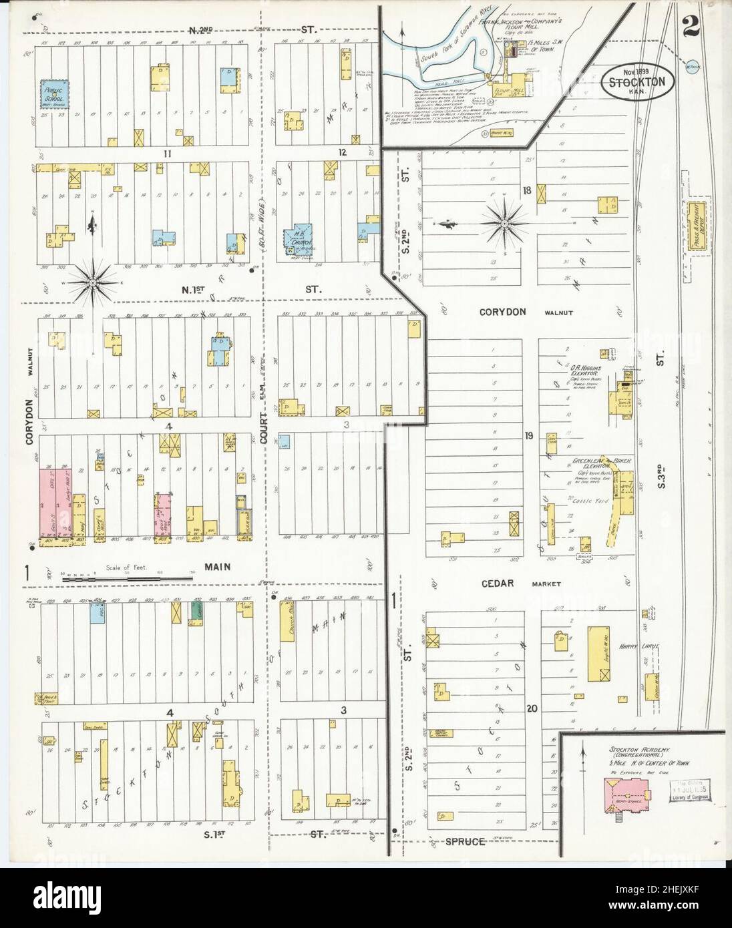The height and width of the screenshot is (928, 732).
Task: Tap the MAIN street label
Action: [217, 567]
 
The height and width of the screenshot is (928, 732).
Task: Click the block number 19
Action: [528, 437]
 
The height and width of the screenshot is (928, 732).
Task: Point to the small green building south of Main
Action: [197, 610]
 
